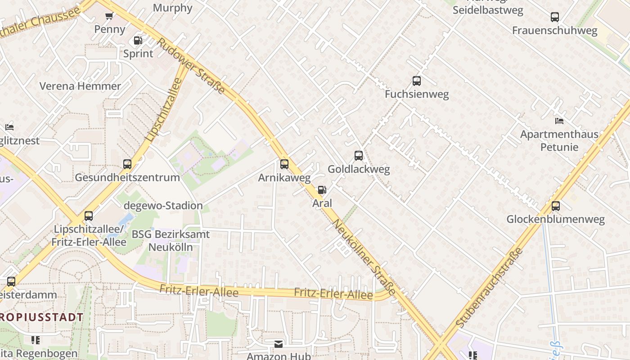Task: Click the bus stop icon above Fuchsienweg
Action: click(x=417, y=81)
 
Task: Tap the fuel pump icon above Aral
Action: click(x=322, y=190)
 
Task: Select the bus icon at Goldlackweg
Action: click(x=359, y=156)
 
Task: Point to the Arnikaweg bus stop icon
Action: click(x=284, y=164)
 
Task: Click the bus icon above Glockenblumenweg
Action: click(x=556, y=206)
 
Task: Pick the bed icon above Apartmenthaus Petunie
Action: click(x=559, y=121)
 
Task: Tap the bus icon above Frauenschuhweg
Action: click(x=555, y=17)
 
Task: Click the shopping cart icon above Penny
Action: click(x=109, y=16)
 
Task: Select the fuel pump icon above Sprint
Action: click(x=138, y=40)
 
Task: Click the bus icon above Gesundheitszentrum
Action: click(x=127, y=164)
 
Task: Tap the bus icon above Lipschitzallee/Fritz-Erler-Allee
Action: click(x=89, y=216)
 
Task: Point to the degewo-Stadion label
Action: click(x=163, y=206)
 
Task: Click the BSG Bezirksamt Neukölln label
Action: click(x=171, y=240)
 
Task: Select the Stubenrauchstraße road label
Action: click(x=490, y=287)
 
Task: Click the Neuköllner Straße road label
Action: click(x=364, y=257)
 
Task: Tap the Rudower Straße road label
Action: click(x=191, y=66)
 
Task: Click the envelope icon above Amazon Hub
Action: click(x=279, y=344)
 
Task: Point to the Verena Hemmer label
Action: click(x=80, y=86)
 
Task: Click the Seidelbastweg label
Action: click(x=488, y=11)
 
